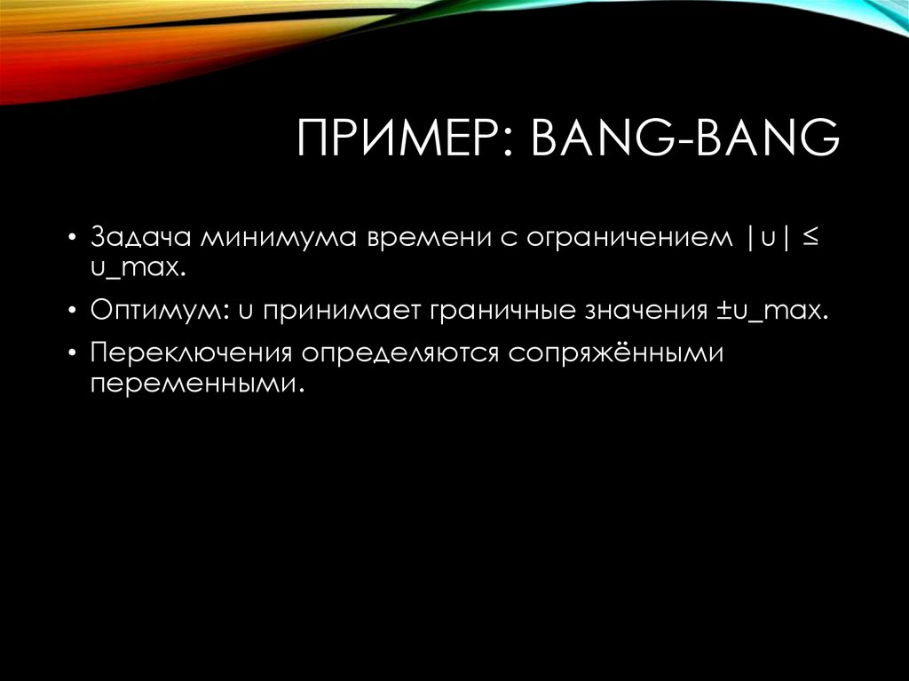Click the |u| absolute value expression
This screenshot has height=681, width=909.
(x=763, y=240)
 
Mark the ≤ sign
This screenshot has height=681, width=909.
(x=811, y=240)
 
